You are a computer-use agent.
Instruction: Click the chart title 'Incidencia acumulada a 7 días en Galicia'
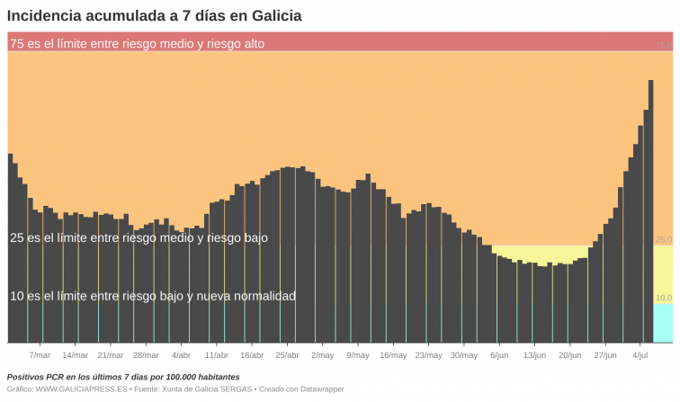click(155, 15)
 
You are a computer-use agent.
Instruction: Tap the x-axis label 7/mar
click(40, 355)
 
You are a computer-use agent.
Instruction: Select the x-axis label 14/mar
click(75, 355)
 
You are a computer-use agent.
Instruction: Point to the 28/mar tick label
click(146, 355)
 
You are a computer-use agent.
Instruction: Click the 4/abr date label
click(181, 355)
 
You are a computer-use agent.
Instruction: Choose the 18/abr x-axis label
click(252, 355)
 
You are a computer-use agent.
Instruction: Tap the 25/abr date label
click(287, 355)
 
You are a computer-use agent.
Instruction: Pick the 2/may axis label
click(322, 355)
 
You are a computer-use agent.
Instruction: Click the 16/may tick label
click(393, 355)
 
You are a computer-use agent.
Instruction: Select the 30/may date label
click(463, 355)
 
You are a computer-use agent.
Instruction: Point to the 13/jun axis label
click(534, 355)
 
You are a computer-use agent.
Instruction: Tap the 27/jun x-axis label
click(605, 355)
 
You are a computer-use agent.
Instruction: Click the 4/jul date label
click(640, 355)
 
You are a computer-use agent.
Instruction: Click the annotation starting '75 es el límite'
click(137, 43)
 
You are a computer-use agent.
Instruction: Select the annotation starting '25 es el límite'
click(139, 238)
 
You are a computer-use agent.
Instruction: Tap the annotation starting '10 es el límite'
click(152, 296)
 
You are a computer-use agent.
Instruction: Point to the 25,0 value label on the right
click(664, 240)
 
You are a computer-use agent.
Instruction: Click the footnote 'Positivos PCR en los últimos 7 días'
click(123, 377)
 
